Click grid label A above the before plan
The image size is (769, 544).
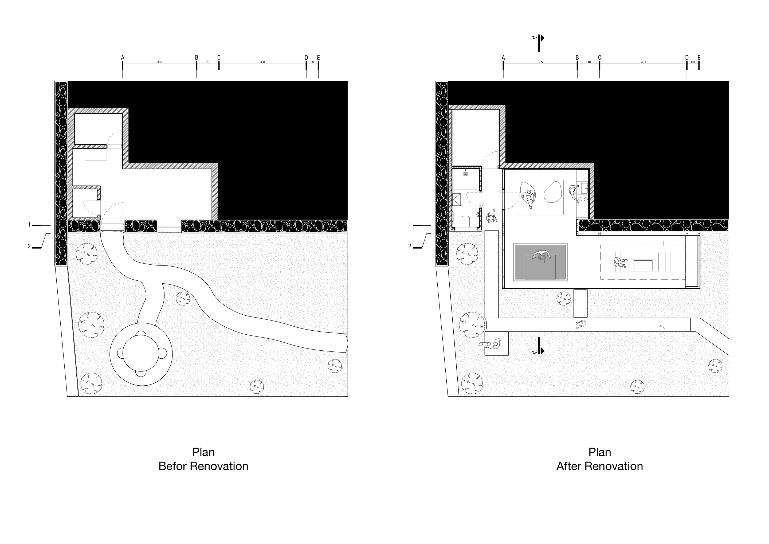click(x=123, y=58)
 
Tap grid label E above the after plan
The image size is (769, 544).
click(x=699, y=58)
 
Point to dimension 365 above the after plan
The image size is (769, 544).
click(x=540, y=62)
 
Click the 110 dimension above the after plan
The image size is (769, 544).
click(x=588, y=62)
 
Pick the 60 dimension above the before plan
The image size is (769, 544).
click(x=312, y=62)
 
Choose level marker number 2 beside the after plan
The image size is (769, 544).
click(x=410, y=246)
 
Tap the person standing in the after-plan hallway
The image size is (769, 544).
click(x=491, y=217)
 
